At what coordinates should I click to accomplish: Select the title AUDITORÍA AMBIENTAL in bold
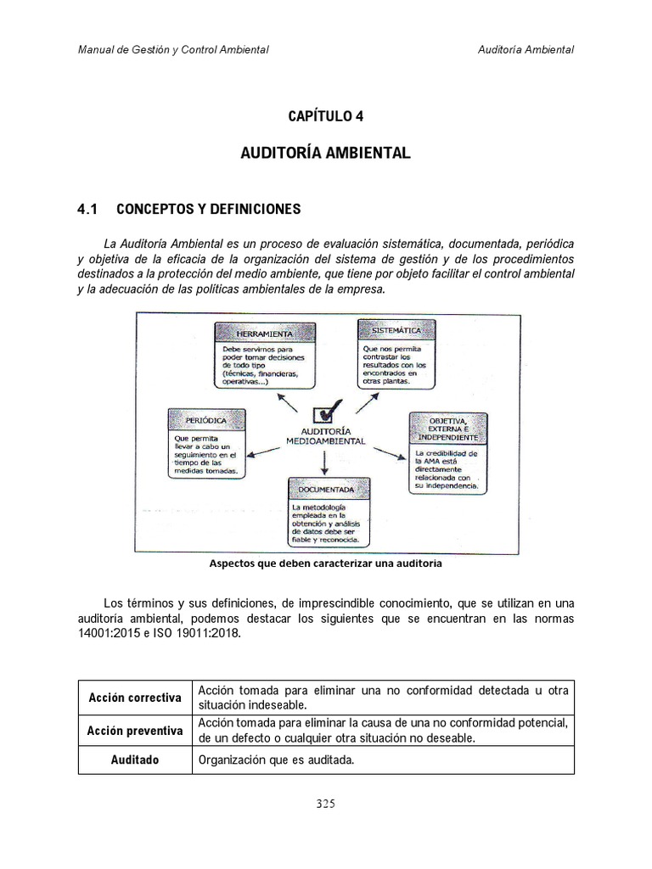point(326,154)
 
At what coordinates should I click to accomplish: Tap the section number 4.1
point(88,209)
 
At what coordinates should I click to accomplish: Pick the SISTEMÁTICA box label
point(396,329)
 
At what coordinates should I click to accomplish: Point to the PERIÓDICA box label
point(206,420)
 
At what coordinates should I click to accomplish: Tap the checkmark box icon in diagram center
point(327,413)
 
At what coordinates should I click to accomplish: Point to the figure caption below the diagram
point(325,563)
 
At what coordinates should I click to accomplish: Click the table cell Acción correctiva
point(135,698)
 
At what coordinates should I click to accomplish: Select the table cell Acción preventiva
point(135,731)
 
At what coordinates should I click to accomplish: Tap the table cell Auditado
point(135,760)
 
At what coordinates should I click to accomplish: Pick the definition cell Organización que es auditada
point(275,760)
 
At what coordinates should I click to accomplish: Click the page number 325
point(326,805)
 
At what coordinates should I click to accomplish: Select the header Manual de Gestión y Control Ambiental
point(173,49)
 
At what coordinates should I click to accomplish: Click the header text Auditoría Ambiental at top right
point(526,49)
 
